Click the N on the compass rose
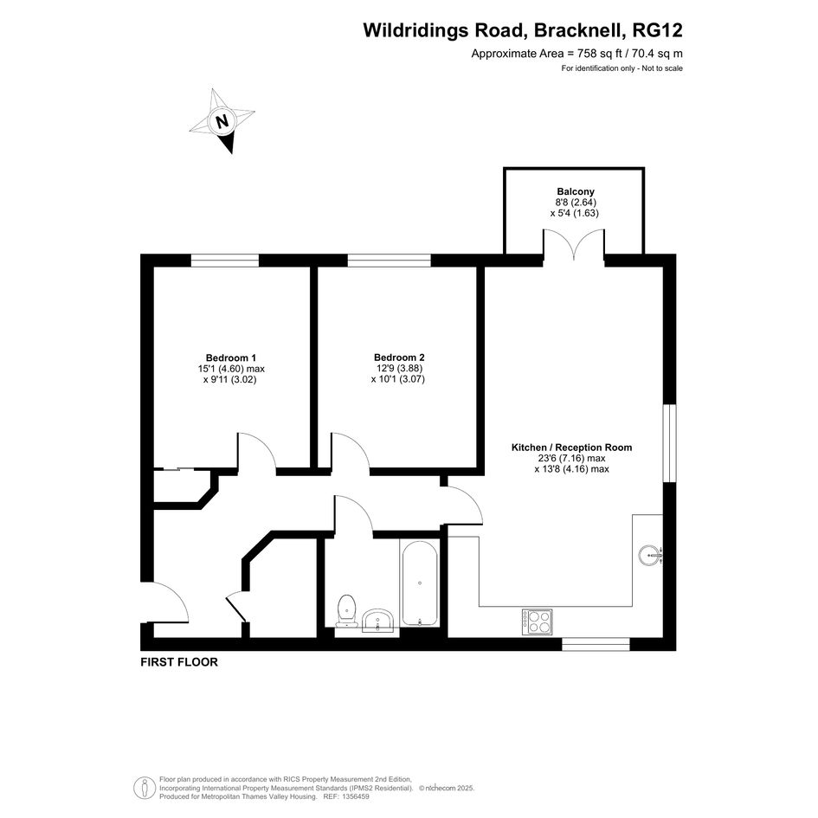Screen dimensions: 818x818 [222, 121]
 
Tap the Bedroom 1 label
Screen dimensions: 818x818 [230, 357]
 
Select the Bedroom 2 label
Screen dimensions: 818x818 [399, 357]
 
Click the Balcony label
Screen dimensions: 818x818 [576, 191]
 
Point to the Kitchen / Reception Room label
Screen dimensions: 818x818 [571, 447]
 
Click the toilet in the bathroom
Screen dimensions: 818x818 [346, 610]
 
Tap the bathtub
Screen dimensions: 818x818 [420, 583]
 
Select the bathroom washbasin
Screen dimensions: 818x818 [378, 622]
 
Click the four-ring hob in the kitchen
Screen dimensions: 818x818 [537, 622]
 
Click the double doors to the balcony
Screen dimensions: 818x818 [574, 245]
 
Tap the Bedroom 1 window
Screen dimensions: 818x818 [224, 260]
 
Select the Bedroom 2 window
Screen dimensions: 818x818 [390, 260]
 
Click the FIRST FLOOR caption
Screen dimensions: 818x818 [179, 662]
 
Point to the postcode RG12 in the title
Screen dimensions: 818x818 [657, 30]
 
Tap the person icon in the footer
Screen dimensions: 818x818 [143, 788]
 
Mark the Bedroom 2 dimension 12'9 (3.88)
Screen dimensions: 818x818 [399, 368]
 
